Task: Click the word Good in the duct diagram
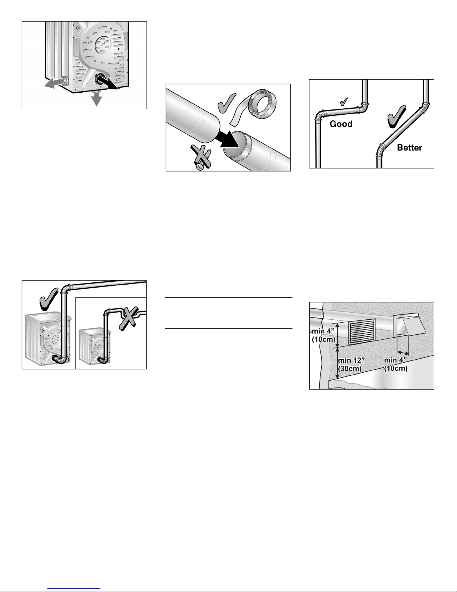(x=341, y=124)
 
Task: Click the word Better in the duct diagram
(x=409, y=148)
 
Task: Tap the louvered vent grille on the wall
(x=361, y=332)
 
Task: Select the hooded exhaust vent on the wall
(x=406, y=324)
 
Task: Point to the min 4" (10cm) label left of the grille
(x=324, y=335)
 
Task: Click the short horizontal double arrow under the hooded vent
(x=403, y=352)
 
